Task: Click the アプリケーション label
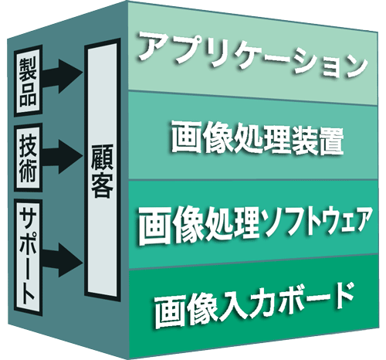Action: pos(253,55)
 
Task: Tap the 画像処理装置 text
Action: pos(257,138)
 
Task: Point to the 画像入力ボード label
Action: pos(254,306)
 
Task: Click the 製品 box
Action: pos(28,81)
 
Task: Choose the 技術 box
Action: pos(28,158)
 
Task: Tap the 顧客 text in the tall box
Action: pos(103,171)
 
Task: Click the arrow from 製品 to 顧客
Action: pos(63,76)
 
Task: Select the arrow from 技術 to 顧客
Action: pos(63,157)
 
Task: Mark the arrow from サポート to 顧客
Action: pos(63,260)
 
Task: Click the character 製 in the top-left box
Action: pos(28,67)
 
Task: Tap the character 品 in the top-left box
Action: pos(28,93)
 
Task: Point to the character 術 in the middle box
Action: pos(28,172)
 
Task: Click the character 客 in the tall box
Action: pos(103,185)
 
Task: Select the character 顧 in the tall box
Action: pos(103,158)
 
